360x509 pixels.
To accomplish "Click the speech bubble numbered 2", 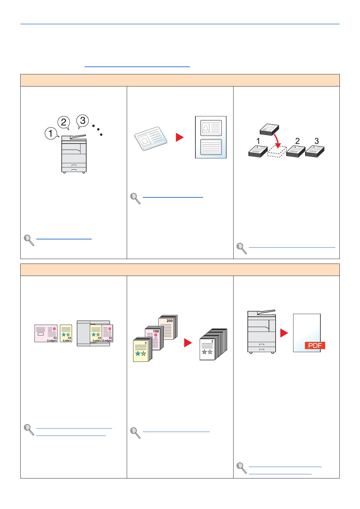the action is pos(64,122).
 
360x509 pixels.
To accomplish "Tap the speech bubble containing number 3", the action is pos(83,121).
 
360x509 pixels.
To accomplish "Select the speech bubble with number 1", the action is pos(51,133).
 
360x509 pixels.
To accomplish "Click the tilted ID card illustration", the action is pos(151,138).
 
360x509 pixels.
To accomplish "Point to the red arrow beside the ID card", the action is pos(179,137).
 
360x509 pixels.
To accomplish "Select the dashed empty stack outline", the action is pos(277,151).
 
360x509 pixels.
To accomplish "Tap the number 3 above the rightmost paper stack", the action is pos(316,141).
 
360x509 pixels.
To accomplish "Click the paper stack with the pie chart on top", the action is pos(269,129).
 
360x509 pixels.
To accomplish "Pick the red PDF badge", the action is pos(315,345).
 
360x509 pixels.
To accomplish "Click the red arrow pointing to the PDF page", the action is pos(284,333).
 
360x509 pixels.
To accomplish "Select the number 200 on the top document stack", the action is pos(169,321).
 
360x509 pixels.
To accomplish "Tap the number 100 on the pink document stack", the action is pos(156,331).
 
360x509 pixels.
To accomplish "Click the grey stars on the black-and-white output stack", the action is pos(207,352).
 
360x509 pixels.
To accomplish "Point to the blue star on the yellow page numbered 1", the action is pos(138,353).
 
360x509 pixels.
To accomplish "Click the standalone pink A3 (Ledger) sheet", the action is pos(46,333).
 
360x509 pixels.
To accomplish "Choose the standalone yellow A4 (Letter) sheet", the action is pos(66,333).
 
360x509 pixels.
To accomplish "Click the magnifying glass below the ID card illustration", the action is pos(135,199).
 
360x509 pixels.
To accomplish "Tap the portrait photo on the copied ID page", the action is pos(206,128).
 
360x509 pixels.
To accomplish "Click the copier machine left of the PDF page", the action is pos(261,331).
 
